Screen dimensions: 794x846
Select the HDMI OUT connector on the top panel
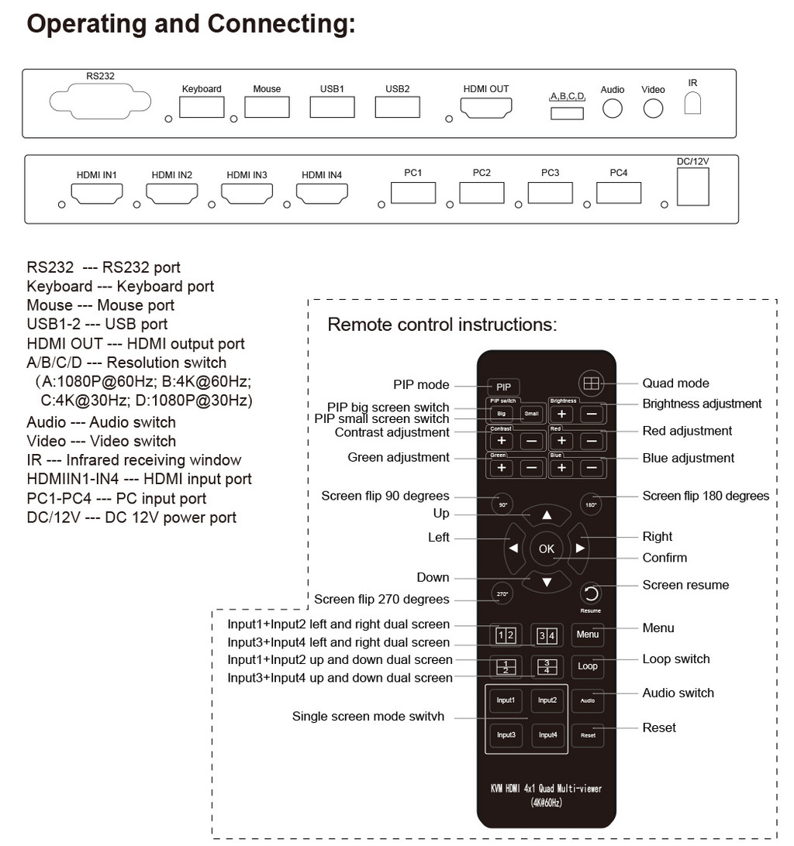pos(485,108)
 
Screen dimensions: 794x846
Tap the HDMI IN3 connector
pos(247,194)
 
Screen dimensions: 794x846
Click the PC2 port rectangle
pos(482,193)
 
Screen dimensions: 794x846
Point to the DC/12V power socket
pos(693,187)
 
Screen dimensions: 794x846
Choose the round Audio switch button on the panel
pos(612,108)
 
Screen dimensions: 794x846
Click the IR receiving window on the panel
pos(692,102)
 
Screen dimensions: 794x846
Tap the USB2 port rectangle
pos(398,107)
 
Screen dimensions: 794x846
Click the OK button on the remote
pos(547,549)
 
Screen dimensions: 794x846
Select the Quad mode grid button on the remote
pos(591,383)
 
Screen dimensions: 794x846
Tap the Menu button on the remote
pos(588,634)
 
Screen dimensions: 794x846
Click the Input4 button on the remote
pos(547,735)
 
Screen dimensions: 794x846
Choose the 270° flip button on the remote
pos(502,594)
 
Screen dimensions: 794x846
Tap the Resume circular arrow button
pos(591,594)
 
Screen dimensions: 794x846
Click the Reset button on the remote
pos(589,735)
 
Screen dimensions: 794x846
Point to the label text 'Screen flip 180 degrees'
pos(706,496)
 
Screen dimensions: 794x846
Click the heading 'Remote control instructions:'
pos(442,325)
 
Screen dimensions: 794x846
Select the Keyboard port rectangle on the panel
pos(202,107)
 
